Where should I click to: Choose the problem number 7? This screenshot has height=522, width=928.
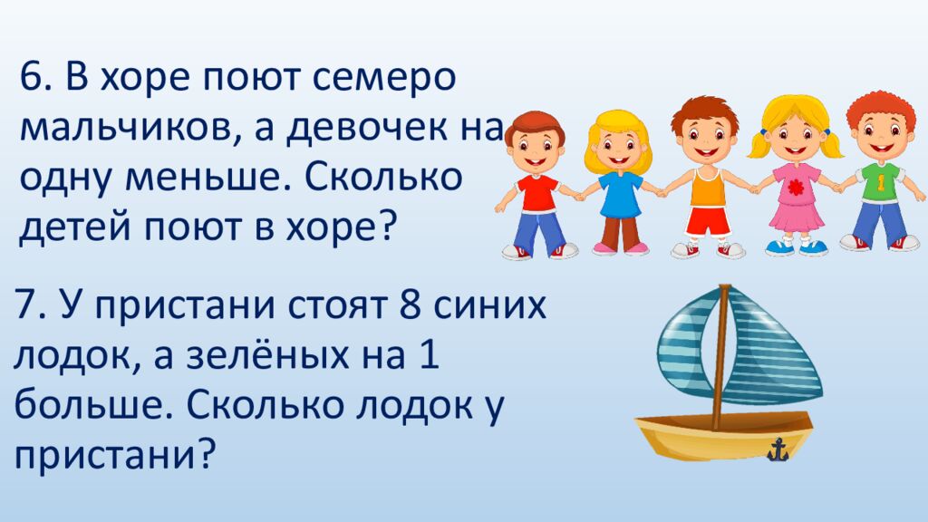click(26, 306)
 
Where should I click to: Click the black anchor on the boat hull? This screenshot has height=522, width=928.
click(777, 449)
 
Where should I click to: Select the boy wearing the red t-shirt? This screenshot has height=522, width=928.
click(536, 181)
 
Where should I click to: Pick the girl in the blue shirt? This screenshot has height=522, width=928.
click(620, 181)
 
